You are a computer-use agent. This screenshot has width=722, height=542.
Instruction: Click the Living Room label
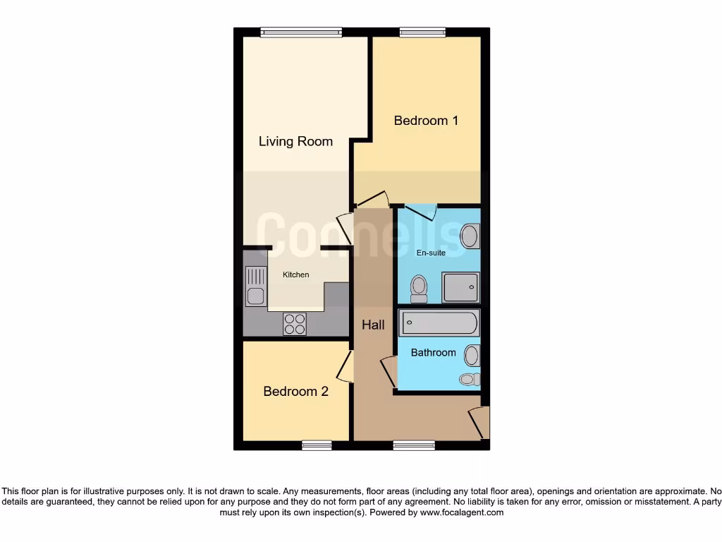coord(295,141)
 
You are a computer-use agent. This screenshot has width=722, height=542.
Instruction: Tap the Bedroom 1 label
coord(426,121)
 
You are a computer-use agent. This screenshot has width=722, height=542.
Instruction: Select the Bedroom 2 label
coord(295,391)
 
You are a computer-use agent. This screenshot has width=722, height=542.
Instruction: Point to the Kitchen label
coord(295,275)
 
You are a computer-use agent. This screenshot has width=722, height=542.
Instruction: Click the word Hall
coord(373,325)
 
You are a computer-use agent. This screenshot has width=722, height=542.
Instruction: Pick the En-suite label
coord(431,253)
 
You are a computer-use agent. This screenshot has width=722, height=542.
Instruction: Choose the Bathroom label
coord(433,352)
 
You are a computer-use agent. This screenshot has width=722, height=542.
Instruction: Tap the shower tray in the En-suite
coord(461,287)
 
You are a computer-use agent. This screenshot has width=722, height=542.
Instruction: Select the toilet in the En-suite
coord(419,288)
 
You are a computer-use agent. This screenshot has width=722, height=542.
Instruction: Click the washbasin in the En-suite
coord(470,236)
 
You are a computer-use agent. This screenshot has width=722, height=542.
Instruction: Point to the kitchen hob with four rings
coord(295,324)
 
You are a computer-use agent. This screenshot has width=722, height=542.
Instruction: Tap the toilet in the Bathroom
coord(469,379)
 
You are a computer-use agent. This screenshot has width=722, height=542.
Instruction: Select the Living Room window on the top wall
coord(301,31)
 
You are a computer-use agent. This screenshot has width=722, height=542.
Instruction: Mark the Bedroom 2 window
coord(317,445)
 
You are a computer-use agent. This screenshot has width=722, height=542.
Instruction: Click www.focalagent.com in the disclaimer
coord(461,513)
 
